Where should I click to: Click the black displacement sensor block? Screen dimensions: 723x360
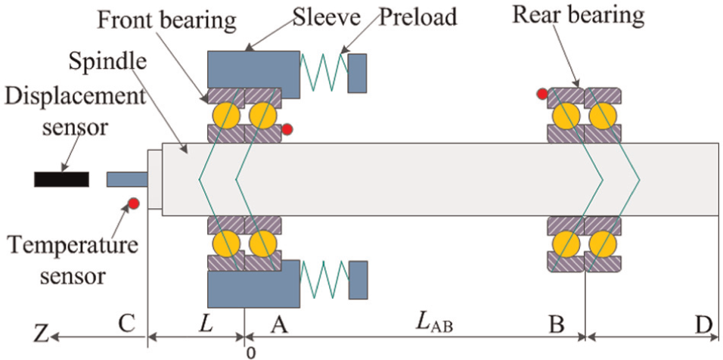click(x=61, y=179)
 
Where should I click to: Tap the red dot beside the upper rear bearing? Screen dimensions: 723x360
click(x=541, y=94)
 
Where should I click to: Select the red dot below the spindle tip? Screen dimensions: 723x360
click(x=134, y=203)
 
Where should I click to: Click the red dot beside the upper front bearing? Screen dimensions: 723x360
click(x=287, y=130)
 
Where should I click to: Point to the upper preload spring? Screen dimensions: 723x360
click(x=324, y=71)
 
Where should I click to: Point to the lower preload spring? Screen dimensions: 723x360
click(x=324, y=280)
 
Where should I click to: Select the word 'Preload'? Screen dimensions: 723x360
click(x=418, y=17)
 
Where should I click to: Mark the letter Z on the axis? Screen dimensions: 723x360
click(x=42, y=337)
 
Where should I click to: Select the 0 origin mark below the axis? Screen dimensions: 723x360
click(x=250, y=353)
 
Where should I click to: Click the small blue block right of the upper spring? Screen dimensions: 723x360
click(x=358, y=74)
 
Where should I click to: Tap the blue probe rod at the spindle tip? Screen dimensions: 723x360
click(x=127, y=179)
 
